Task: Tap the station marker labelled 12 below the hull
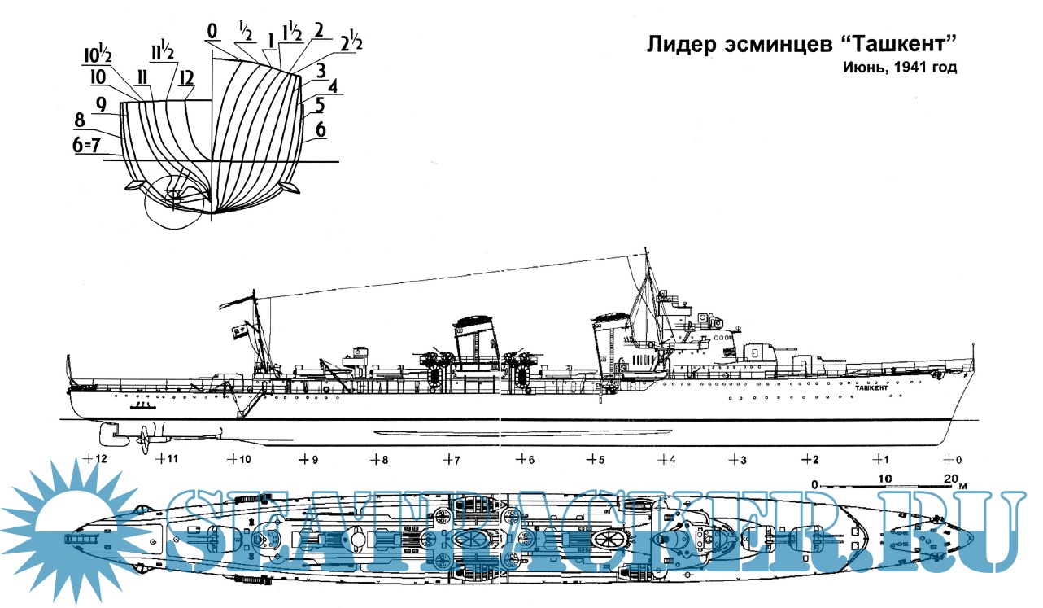(x=96, y=459)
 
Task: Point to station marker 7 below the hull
(x=452, y=460)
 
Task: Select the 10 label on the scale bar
(x=886, y=477)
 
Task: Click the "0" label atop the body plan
(x=212, y=32)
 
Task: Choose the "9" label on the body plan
(x=102, y=104)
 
